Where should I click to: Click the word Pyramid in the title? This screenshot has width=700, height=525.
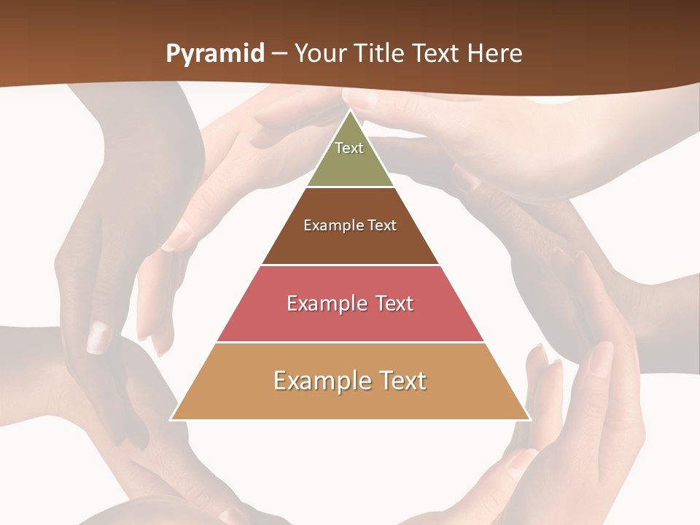coord(215,54)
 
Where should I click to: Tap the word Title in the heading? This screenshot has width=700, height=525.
coord(381,54)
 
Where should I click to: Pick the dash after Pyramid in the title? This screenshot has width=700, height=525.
coord(279,55)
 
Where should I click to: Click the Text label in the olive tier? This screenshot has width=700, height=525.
coord(349,148)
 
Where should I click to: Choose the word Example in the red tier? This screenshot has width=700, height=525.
coord(324,303)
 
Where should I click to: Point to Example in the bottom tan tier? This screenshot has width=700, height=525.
coord(318,381)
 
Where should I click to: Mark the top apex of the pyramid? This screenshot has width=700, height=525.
coord(350,110)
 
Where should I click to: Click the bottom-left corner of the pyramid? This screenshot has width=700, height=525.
coord(171,419)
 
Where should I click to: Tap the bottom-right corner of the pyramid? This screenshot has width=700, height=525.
coord(529,419)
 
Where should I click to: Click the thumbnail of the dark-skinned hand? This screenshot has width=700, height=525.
coord(98,337)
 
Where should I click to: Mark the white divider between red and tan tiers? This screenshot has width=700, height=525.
coord(350,342)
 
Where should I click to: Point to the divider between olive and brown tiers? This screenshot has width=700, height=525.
coord(350,187)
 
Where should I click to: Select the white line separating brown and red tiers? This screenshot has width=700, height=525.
coord(350,265)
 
